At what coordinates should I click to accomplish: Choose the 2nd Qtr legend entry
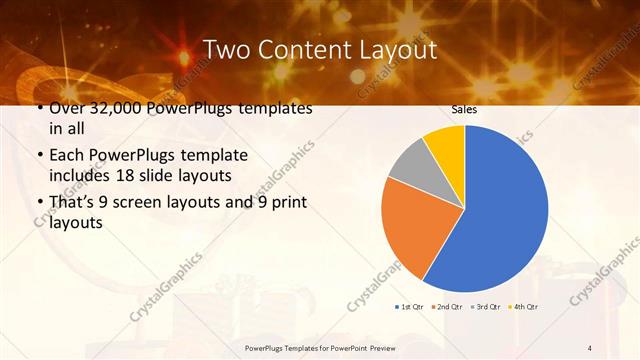pyautogui.click(x=449, y=306)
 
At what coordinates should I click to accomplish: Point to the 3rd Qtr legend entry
pyautogui.click(x=486, y=306)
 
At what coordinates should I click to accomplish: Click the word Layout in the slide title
pyautogui.click(x=389, y=49)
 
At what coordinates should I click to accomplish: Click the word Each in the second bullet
pyautogui.click(x=67, y=156)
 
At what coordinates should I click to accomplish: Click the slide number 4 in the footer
pyautogui.click(x=589, y=347)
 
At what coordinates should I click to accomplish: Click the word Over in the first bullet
pyautogui.click(x=68, y=108)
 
